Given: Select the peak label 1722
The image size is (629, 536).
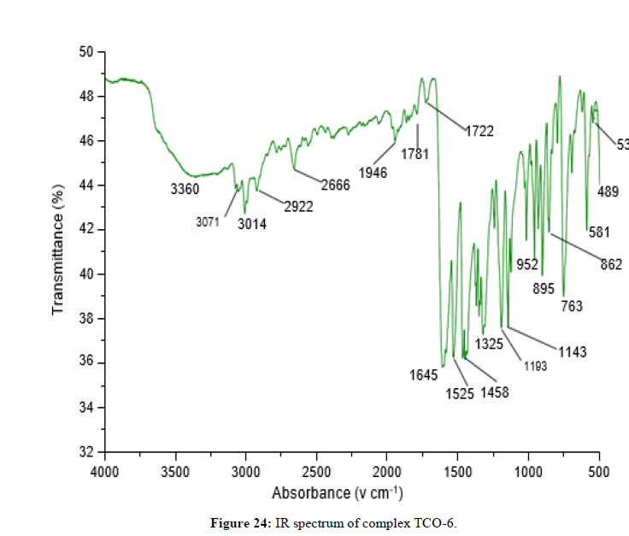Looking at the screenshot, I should [x=479, y=132].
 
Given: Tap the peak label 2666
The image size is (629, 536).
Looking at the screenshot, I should [x=335, y=184].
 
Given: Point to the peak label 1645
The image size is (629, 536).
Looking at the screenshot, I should [x=423, y=374].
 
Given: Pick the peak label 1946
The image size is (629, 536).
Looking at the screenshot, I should [x=373, y=173].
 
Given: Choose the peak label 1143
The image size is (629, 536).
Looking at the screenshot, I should [x=573, y=350].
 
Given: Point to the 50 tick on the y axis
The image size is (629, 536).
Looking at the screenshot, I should [x=85, y=52].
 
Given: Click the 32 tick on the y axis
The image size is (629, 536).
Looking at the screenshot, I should [x=85, y=451].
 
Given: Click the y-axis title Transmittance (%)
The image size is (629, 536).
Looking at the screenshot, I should [x=59, y=252].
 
